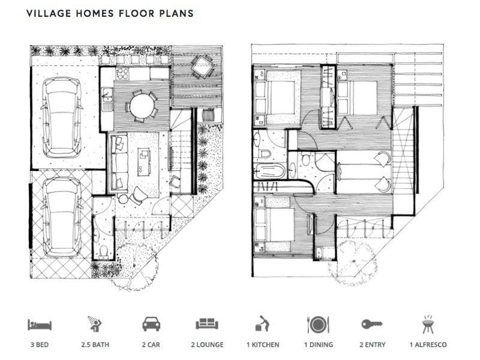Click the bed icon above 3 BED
coord(40,325)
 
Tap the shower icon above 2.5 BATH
coord(95,324)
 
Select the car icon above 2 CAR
coord(151,324)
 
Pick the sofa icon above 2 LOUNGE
coord(207,324)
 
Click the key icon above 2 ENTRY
coord(372,324)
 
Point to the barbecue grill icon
coord(428,324)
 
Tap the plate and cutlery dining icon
coord(318,325)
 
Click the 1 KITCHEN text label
coord(263,344)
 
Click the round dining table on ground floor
coord(142,106)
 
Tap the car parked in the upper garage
coord(62,117)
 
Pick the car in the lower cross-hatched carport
coord(62,217)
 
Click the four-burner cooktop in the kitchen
coord(122,73)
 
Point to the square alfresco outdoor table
coord(202,67)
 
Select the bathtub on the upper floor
coord(269,171)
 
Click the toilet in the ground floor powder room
coord(104,251)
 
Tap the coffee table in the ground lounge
coord(144,161)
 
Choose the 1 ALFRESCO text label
coord(428,344)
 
